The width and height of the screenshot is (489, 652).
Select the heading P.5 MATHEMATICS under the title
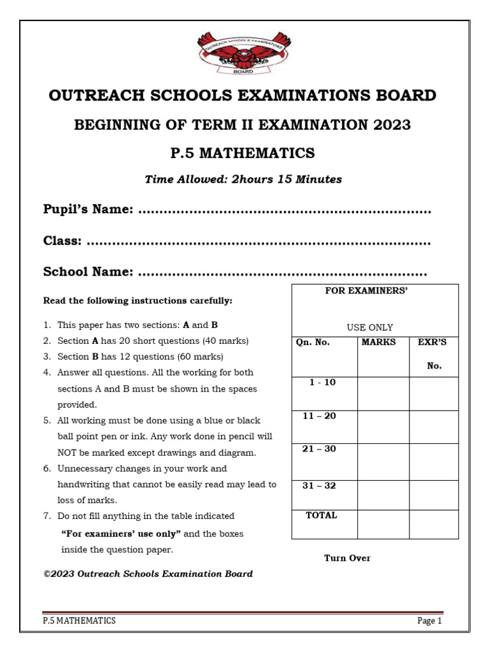pyautogui.click(x=243, y=153)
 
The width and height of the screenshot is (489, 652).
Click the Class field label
pyautogui.click(x=62, y=241)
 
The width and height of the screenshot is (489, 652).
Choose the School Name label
pyautogui.click(x=88, y=273)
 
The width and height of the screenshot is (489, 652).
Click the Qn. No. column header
pyautogui.click(x=313, y=343)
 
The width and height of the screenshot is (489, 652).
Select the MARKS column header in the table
pyautogui.click(x=378, y=343)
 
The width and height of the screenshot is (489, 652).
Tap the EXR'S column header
pyautogui.click(x=432, y=343)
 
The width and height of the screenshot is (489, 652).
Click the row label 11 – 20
pyautogui.click(x=319, y=416)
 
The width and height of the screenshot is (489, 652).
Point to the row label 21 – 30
pyautogui.click(x=319, y=449)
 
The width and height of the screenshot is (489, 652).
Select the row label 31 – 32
pyautogui.click(x=319, y=486)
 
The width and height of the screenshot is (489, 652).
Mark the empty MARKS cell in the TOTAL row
pyautogui.click(x=383, y=524)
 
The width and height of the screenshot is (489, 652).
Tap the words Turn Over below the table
pyautogui.click(x=347, y=558)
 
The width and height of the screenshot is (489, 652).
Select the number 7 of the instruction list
pyautogui.click(x=46, y=516)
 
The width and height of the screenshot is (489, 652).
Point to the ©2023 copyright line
pyautogui.click(x=148, y=574)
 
